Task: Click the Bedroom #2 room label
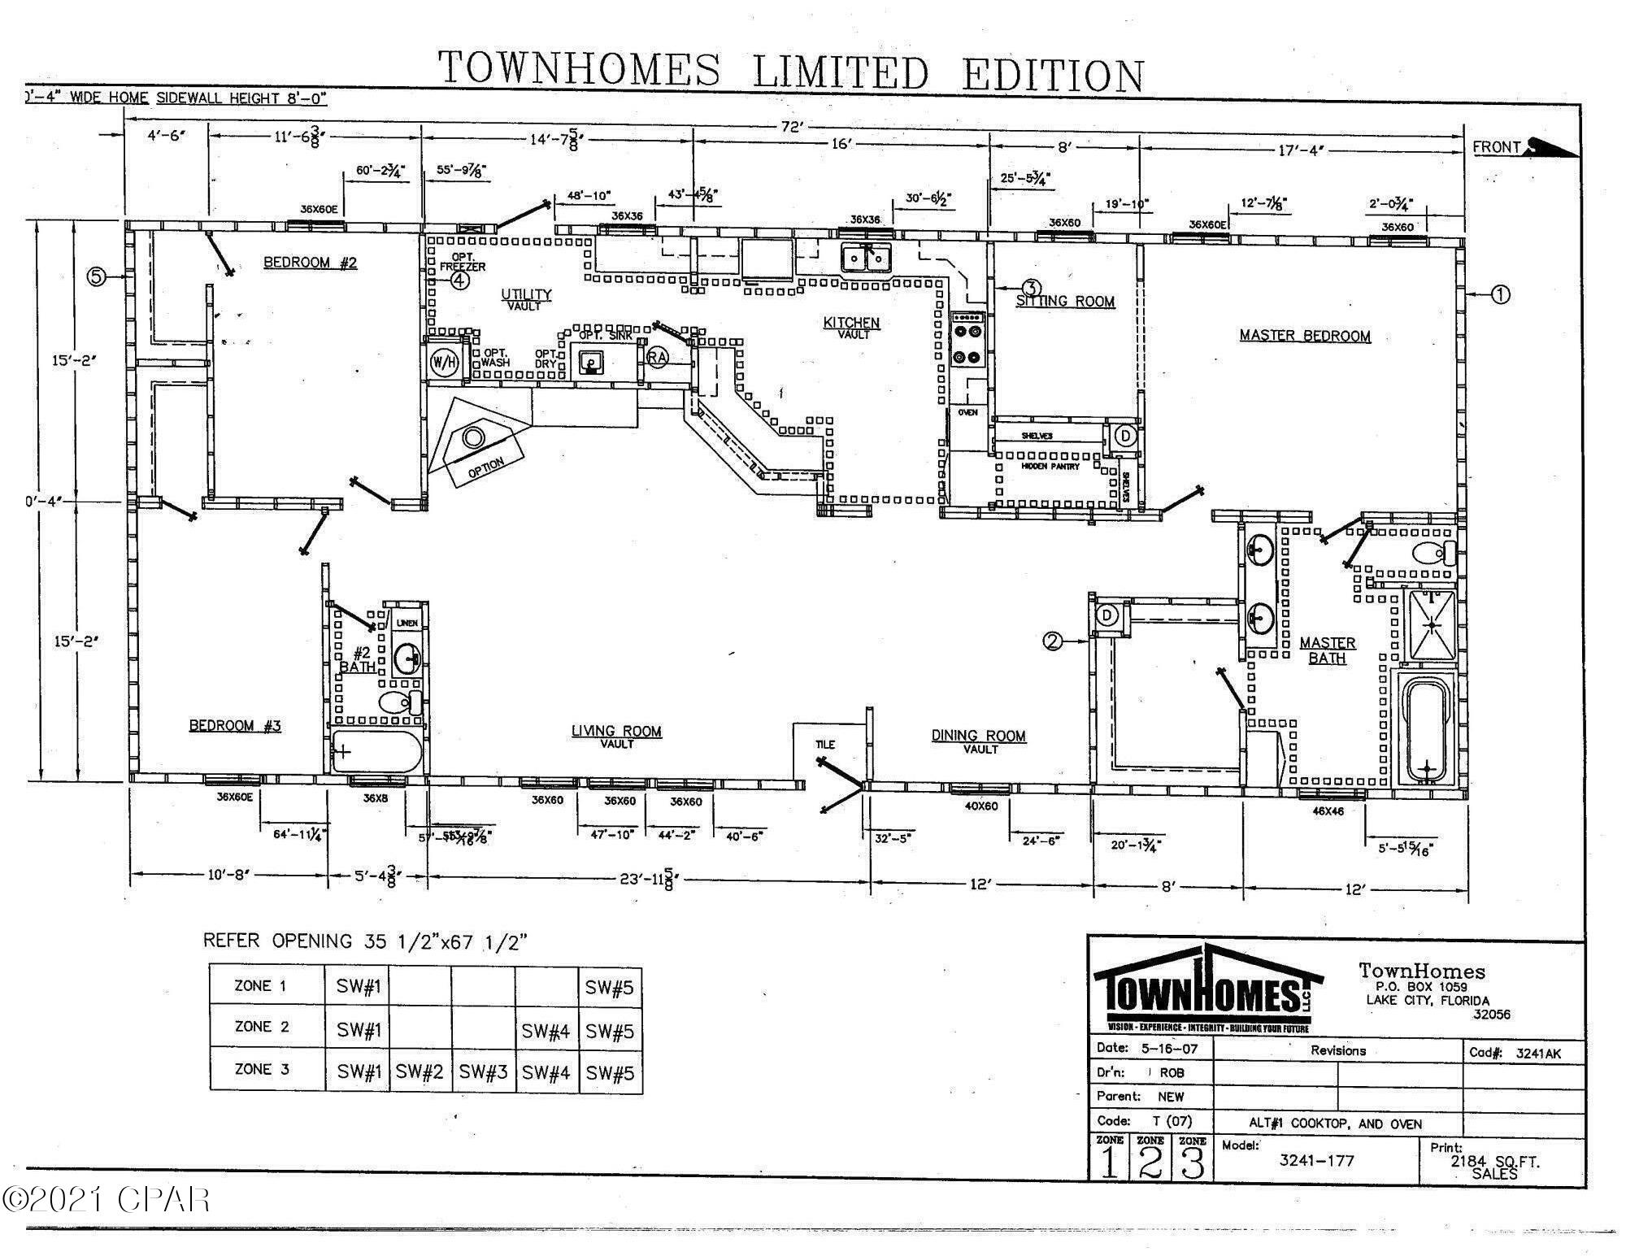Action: [x=310, y=262]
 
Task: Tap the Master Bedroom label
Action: [x=1304, y=336]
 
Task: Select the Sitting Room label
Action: [x=1065, y=302]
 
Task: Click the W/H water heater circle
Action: [x=444, y=362]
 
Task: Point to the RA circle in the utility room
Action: [x=657, y=356]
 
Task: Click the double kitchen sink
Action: [x=866, y=259]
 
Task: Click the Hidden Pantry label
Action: [x=1050, y=467]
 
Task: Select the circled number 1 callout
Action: [x=1500, y=294]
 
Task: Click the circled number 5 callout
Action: [x=97, y=277]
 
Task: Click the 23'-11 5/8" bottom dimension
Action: [x=647, y=880]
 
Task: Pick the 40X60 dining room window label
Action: [x=980, y=806]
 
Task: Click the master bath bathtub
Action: [x=1428, y=730]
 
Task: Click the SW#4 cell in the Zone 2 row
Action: [x=546, y=1030]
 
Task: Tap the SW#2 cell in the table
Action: [x=419, y=1072]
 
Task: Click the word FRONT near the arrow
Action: [x=1496, y=147]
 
